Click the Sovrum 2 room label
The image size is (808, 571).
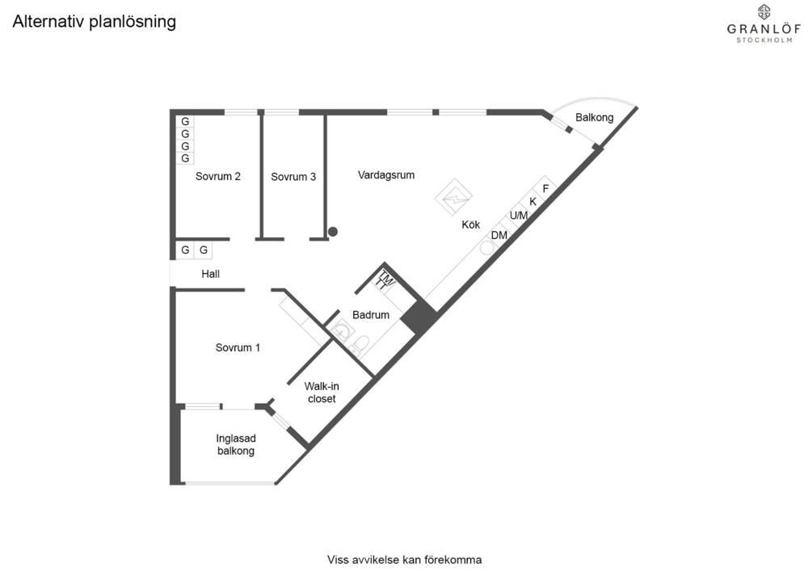[218, 176]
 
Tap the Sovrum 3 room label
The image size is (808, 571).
[293, 177]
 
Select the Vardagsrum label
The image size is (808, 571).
[386, 175]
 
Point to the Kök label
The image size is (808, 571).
[470, 225]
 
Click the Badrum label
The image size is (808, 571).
[371, 315]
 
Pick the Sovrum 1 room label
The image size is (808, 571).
[238, 347]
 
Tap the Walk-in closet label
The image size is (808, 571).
[322, 393]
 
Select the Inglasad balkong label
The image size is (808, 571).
[235, 445]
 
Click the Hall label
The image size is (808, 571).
[210, 274]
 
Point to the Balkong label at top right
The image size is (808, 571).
[594, 117]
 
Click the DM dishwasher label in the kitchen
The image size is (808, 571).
[499, 235]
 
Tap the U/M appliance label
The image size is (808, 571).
[519, 215]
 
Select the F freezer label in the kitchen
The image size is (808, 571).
[545, 189]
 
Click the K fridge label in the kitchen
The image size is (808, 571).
[532, 202]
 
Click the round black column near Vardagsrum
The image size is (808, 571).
[333, 232]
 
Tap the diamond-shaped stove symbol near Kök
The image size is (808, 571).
[454, 197]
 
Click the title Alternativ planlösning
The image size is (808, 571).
[95, 22]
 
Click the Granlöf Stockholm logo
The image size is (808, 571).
[764, 23]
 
